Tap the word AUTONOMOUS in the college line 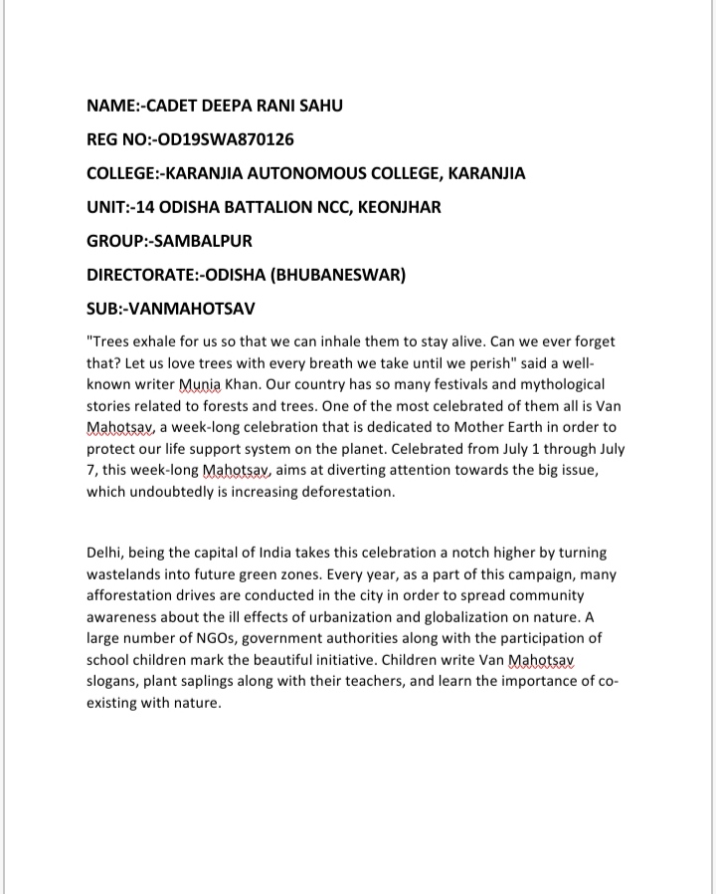point(321,173)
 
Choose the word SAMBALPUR point(205,241)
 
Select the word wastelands point(128,574)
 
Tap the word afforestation point(134,595)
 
